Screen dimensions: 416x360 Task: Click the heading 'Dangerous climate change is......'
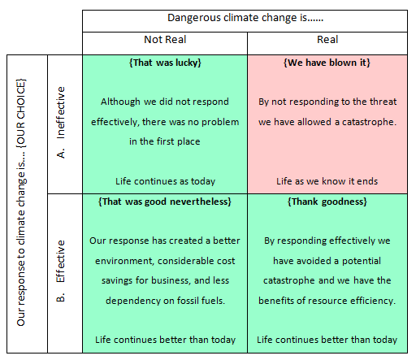point(245,18)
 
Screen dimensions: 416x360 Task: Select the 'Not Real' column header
point(165,40)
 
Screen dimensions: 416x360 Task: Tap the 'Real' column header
point(327,40)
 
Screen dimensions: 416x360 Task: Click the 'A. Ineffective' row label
point(61,123)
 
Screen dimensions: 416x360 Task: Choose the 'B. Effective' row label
point(61,271)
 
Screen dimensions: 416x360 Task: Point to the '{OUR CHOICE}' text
point(21,113)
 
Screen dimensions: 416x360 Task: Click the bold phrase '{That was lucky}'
point(165,63)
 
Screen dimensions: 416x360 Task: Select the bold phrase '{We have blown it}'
point(327,63)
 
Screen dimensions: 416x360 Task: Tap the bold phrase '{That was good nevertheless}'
point(165,202)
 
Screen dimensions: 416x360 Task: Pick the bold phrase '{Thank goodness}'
point(327,202)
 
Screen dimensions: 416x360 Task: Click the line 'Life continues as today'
point(165,181)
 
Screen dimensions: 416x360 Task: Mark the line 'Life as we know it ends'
point(327,181)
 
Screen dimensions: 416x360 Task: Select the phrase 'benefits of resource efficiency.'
point(327,301)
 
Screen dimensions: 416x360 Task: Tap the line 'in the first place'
point(165,141)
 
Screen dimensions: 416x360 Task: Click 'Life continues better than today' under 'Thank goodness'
point(327,340)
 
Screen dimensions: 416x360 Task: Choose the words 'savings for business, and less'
point(165,280)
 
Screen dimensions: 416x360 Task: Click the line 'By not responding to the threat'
point(327,102)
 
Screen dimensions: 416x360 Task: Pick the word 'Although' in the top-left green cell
point(120,102)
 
